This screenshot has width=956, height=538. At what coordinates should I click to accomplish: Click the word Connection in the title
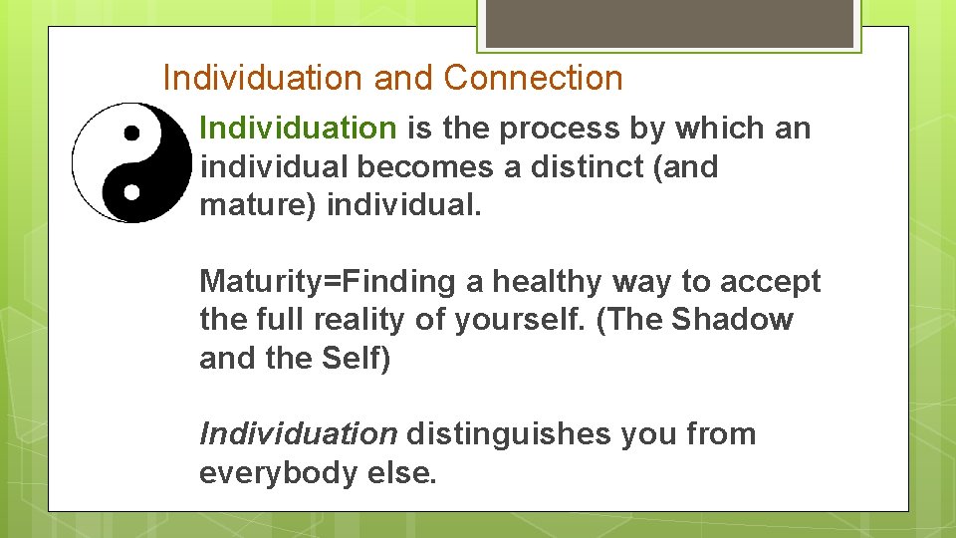(x=533, y=78)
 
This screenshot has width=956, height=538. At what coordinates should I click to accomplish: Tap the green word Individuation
(x=298, y=129)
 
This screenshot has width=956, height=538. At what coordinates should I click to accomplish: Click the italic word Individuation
(x=298, y=434)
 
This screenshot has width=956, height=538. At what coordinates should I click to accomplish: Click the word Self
(x=356, y=359)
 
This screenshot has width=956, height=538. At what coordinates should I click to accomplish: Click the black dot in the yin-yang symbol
(x=130, y=133)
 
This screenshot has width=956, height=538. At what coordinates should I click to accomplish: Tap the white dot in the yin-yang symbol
(x=130, y=189)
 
